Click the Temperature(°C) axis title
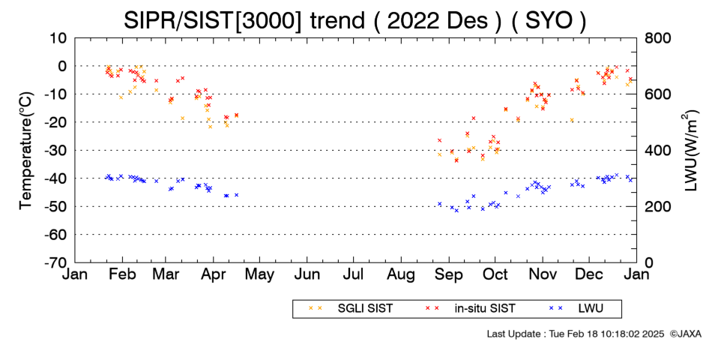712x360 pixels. point(26,151)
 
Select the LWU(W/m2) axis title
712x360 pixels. point(690,151)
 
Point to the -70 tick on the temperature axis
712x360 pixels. point(55,262)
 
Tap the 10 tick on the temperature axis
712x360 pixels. point(58,38)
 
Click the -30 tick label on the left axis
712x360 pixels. point(55,151)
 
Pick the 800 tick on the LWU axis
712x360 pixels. point(657,38)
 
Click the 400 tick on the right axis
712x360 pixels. point(657,151)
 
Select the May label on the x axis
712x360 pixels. point(260,274)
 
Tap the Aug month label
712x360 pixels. point(401,274)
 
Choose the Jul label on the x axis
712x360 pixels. point(353,274)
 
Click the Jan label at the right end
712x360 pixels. point(636,274)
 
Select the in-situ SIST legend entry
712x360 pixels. point(470,309)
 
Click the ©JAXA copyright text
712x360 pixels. point(685,334)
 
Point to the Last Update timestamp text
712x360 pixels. point(576,334)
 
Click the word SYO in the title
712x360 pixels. point(549,20)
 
